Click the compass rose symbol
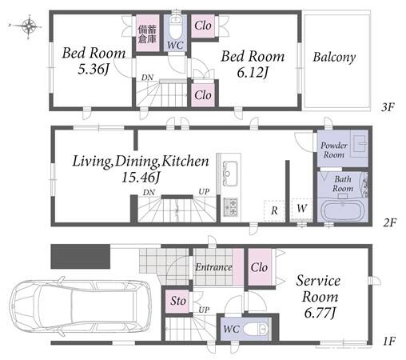coord(28,26)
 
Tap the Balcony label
coord(334,58)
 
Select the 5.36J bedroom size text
coord(94,70)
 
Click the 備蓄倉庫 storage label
coord(147,34)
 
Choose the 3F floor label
coord(388,107)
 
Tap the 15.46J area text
coord(141,178)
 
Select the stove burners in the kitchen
coord(231,206)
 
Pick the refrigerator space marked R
coord(274,210)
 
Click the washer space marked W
coord(301,209)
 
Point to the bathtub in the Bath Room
coord(342,211)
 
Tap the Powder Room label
coord(334,150)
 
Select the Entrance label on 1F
coord(213,267)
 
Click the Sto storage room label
coord(178,301)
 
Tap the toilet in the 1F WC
coord(255,329)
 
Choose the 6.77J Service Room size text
coord(320,313)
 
